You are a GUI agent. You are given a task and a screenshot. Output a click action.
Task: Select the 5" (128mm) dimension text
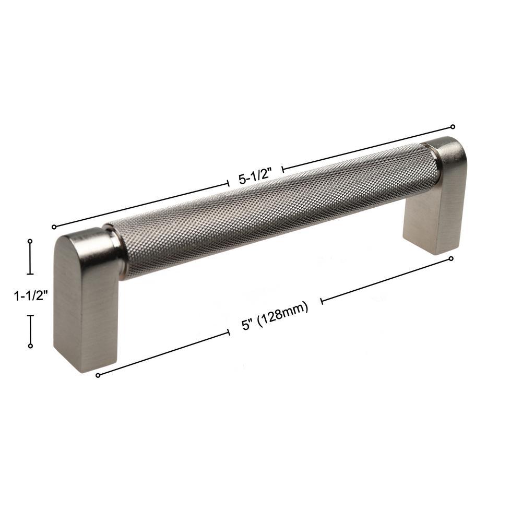coord(275,315)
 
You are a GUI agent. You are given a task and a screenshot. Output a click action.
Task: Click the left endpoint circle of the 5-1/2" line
coord(54,227)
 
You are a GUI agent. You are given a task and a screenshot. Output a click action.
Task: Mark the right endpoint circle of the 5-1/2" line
coord(453,126)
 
